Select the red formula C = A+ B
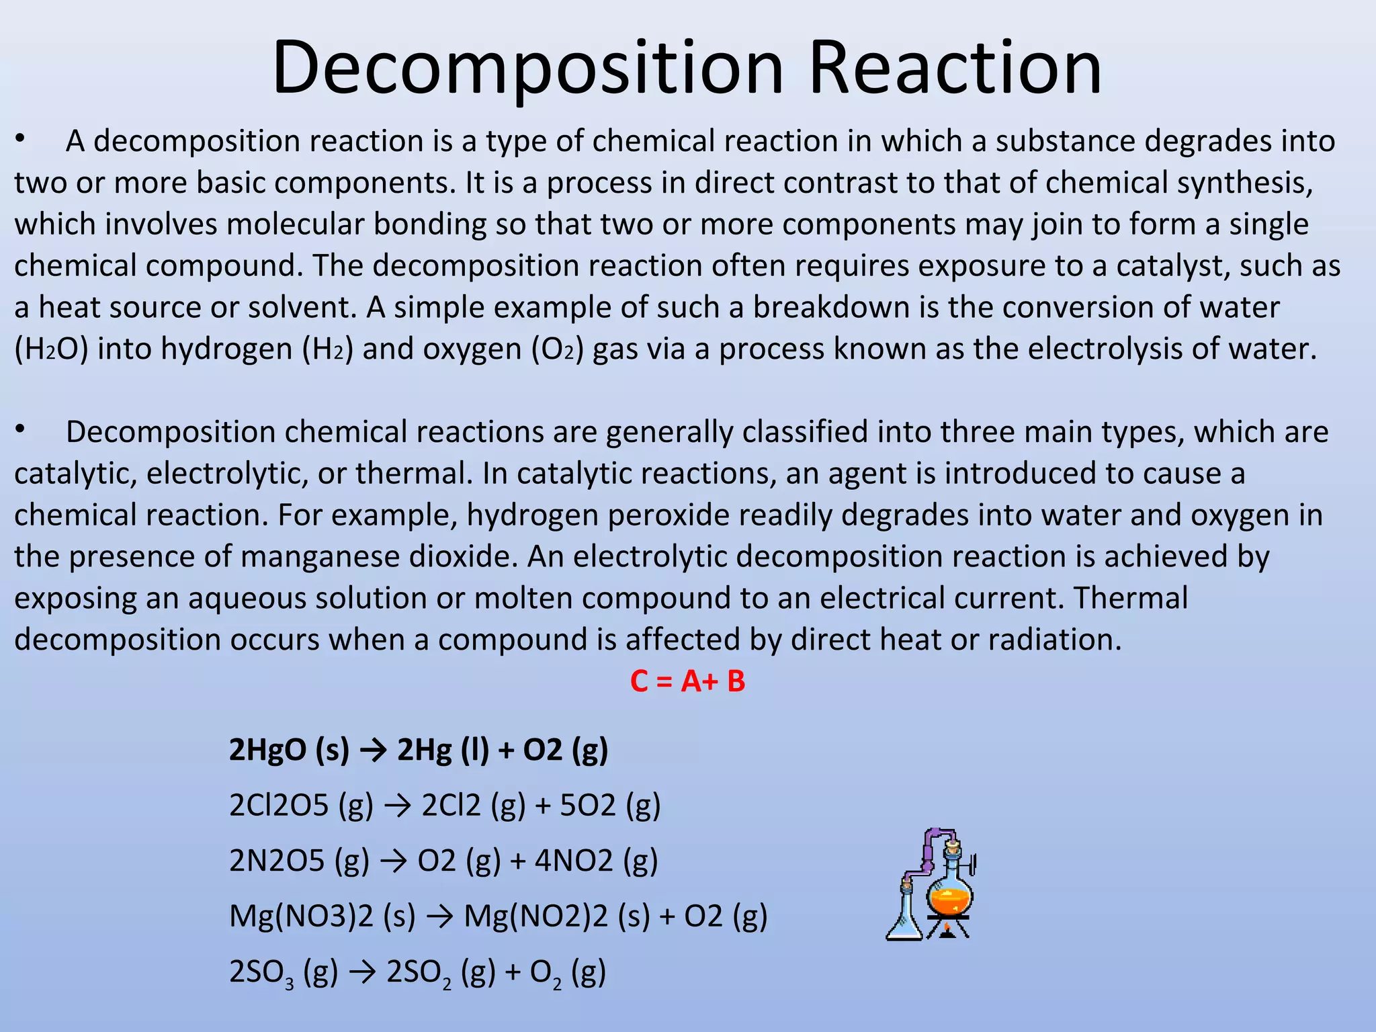pos(687,681)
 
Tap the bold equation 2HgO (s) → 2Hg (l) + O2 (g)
pos(418,749)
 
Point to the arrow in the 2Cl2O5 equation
pos(397,806)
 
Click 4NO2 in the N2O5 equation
pos(574,861)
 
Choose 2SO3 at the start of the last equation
pos(261,972)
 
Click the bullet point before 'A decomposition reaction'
pos(21,139)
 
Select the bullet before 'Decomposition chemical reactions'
pos(21,430)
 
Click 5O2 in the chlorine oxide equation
pos(587,806)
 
